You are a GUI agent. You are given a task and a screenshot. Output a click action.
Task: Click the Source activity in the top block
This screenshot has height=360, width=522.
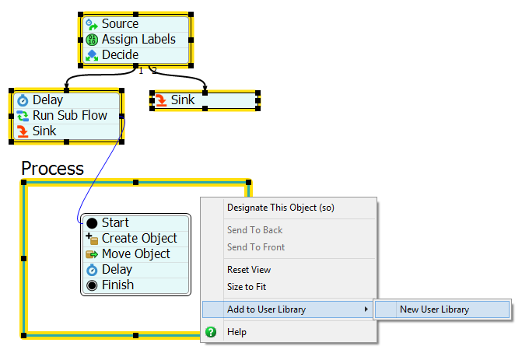pyautogui.click(x=120, y=24)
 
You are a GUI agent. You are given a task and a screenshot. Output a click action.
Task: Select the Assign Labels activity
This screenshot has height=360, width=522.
pyautogui.click(x=138, y=40)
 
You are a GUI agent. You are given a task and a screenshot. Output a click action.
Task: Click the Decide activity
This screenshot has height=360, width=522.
pyautogui.click(x=120, y=55)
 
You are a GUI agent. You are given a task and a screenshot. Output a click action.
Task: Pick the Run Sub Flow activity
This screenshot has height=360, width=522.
pyautogui.click(x=69, y=116)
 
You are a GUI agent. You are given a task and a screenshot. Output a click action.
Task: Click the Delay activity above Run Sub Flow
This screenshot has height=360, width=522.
pyautogui.click(x=47, y=100)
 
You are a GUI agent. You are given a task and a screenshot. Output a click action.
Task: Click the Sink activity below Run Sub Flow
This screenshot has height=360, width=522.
pyautogui.click(x=44, y=131)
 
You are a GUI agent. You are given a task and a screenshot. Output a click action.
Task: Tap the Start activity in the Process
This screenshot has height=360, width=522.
pyautogui.click(x=115, y=223)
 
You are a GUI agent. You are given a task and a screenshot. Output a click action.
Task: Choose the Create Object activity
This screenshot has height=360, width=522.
pyautogui.click(x=138, y=239)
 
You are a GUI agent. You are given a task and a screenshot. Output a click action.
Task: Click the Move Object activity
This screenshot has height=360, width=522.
pyautogui.click(x=135, y=254)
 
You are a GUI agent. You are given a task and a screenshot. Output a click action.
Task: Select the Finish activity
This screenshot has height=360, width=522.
pyautogui.click(x=117, y=285)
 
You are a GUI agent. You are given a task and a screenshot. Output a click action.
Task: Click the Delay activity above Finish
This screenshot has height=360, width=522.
pyautogui.click(x=117, y=270)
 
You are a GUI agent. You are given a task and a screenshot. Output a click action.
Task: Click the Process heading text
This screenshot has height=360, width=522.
pyautogui.click(x=52, y=169)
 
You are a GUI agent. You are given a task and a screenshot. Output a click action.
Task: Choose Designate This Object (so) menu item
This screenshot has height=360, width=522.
pyautogui.click(x=280, y=208)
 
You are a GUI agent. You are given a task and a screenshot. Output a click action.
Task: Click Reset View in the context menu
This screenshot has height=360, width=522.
pyautogui.click(x=249, y=270)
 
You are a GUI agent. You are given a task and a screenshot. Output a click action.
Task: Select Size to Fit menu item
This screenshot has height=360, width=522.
pyautogui.click(x=246, y=287)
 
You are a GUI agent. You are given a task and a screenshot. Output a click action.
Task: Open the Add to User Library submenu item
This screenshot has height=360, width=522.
pyautogui.click(x=266, y=309)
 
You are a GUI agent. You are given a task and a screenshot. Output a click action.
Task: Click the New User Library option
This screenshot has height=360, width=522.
pyautogui.click(x=434, y=309)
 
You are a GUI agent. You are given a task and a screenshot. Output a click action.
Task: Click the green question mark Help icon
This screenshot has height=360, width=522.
pyautogui.click(x=210, y=332)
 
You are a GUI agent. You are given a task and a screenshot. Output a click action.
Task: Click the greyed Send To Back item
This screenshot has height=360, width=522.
pyautogui.click(x=255, y=230)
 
